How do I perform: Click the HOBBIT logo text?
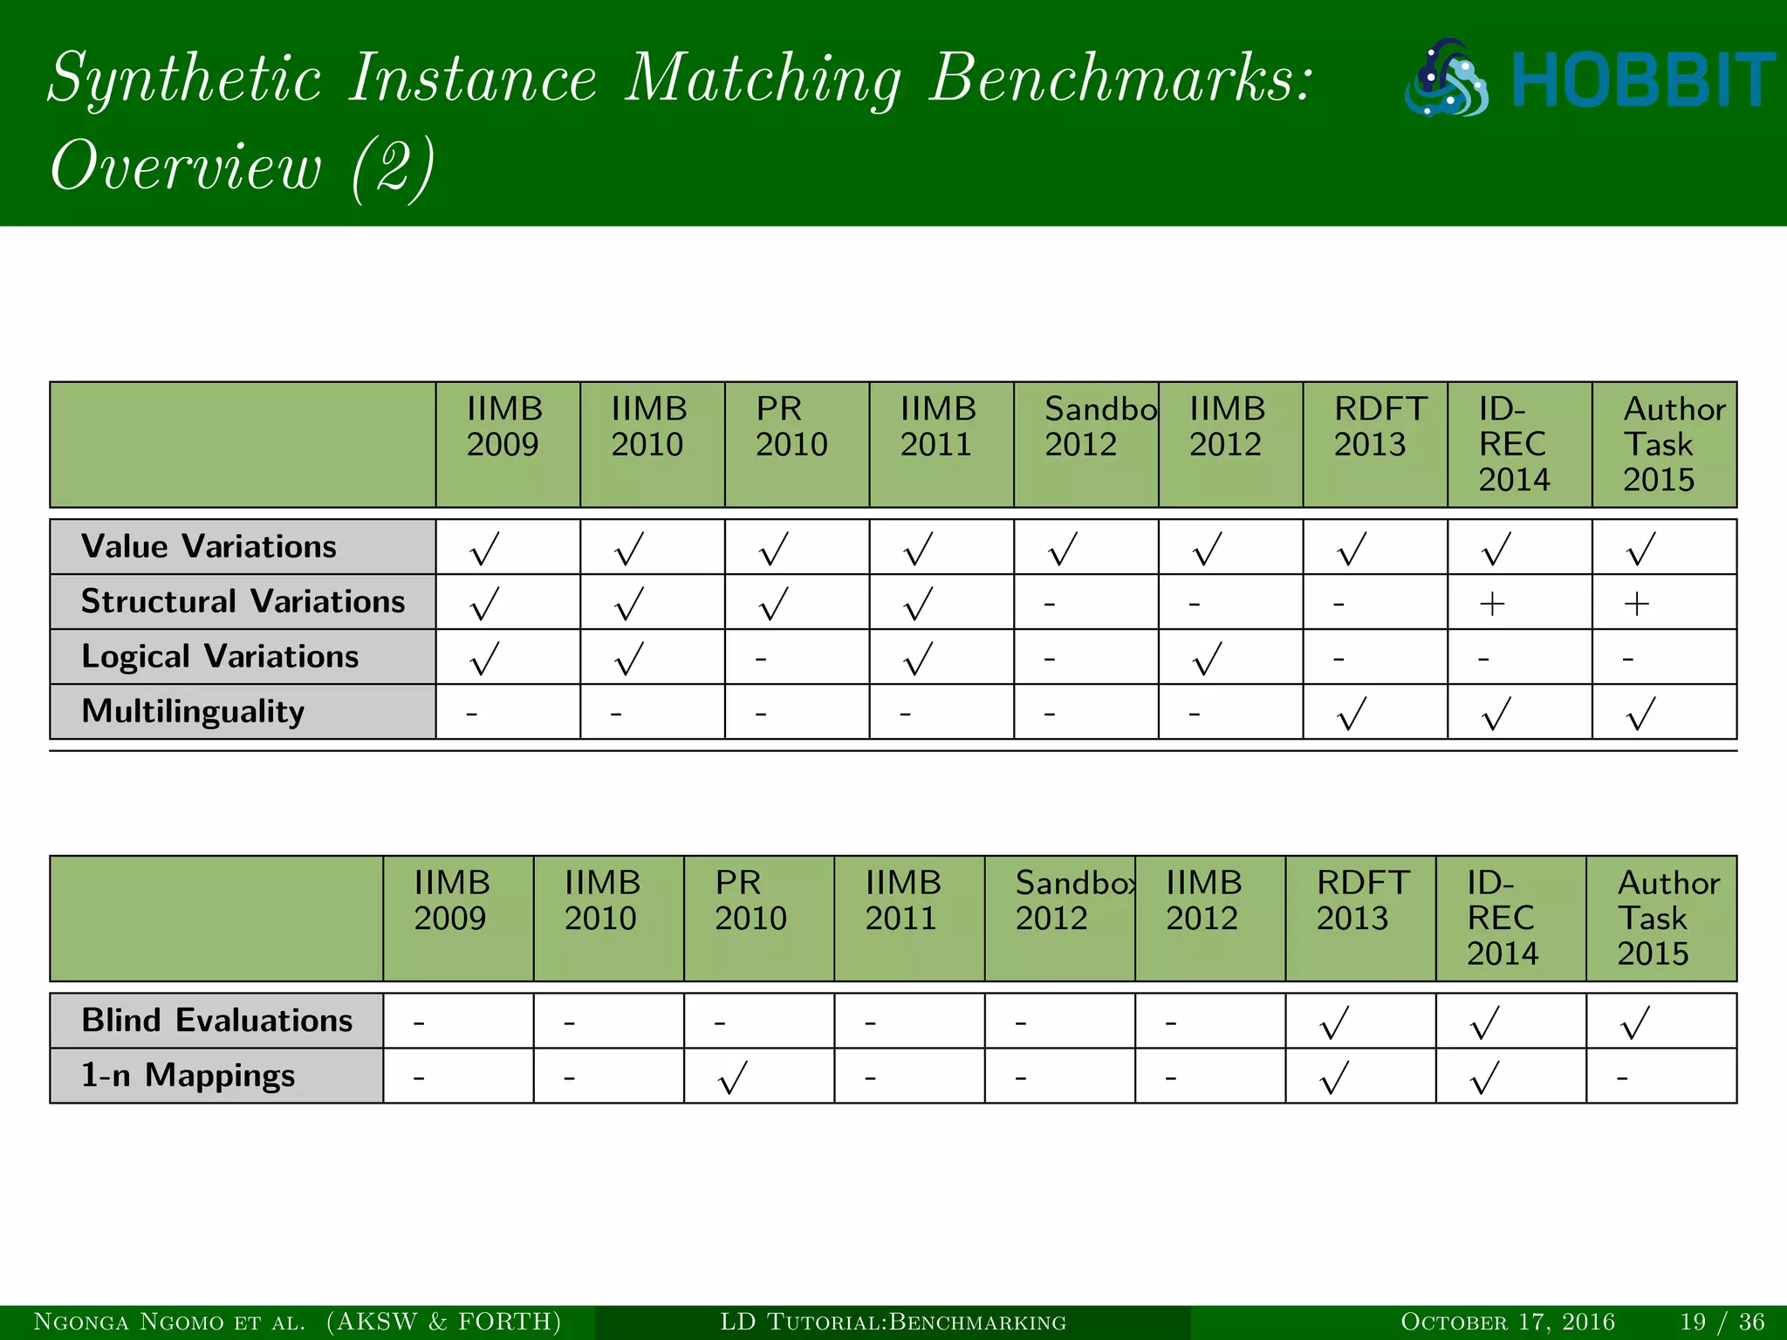[1642, 79]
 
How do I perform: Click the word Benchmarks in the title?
[1120, 79]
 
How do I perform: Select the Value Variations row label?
[209, 547]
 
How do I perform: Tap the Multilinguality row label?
[193, 712]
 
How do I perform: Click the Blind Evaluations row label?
[216, 1021]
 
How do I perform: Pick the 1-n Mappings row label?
[188, 1076]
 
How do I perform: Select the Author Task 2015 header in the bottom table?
[1667, 918]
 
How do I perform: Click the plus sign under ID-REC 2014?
[1492, 604]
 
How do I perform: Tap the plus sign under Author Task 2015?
[1637, 604]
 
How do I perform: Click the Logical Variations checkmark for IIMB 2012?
[1208, 659]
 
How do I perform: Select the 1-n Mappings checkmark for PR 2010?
[733, 1077]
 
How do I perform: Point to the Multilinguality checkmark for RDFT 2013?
[1352, 714]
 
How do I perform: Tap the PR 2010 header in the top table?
[791, 427]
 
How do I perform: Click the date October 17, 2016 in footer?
[1507, 1322]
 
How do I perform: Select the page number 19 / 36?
[1722, 1322]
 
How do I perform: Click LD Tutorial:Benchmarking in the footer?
[893, 1322]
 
